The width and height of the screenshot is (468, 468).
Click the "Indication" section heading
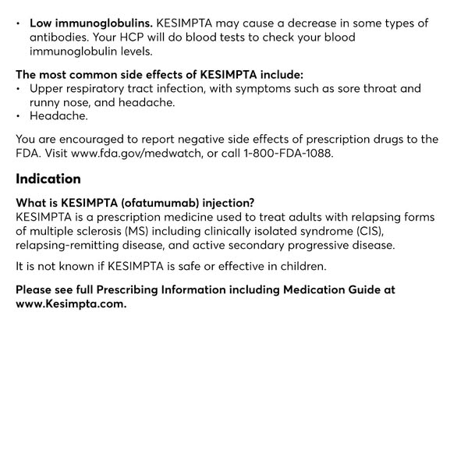tap(48, 179)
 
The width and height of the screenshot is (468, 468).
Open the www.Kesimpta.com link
tap(71, 303)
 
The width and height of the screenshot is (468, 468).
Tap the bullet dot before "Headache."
tap(19, 116)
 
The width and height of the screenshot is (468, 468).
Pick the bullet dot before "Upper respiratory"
tap(19, 89)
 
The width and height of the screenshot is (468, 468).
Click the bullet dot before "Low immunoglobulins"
tap(19, 23)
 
